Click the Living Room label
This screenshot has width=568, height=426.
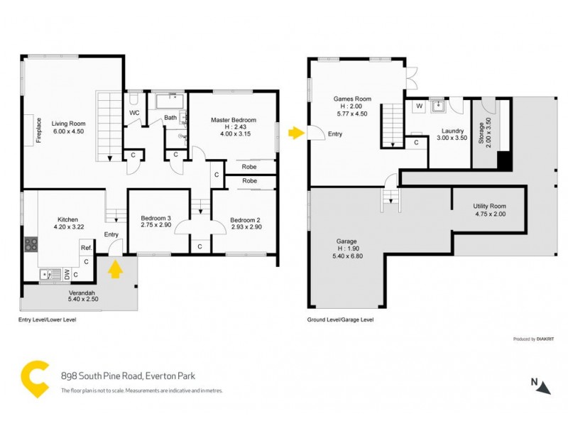tap(67, 123)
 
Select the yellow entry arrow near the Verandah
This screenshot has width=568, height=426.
tap(114, 270)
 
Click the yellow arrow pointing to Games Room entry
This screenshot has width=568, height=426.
tap(294, 132)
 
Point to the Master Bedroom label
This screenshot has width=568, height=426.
tap(234, 120)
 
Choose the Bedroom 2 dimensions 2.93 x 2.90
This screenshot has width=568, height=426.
tap(246, 227)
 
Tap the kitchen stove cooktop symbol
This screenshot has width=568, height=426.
tap(31, 244)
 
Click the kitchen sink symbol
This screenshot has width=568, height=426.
tap(46, 273)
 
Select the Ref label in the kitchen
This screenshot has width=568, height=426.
tap(84, 248)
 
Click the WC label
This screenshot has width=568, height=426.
tap(134, 113)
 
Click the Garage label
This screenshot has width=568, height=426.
tap(346, 241)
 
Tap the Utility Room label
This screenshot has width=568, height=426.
tap(490, 207)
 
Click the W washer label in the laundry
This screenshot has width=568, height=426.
tap(418, 106)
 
